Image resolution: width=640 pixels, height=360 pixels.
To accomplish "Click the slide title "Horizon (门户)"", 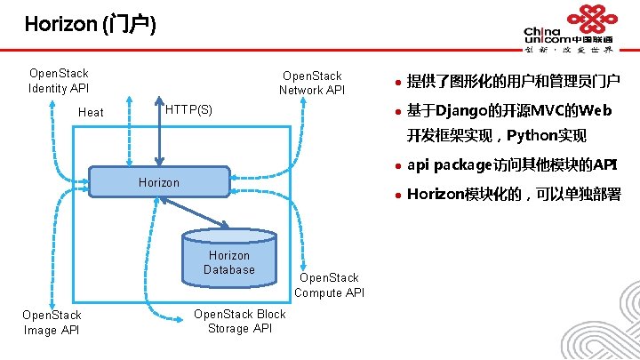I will point(90,25).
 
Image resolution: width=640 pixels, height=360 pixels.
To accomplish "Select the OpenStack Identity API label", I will point(59,80).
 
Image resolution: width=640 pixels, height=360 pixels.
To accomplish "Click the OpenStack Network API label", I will point(311,83).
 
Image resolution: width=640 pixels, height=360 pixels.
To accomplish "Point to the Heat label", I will point(91,112).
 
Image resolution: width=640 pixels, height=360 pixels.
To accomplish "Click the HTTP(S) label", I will point(188,109).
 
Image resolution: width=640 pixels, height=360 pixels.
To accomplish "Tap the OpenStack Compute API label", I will point(329,285).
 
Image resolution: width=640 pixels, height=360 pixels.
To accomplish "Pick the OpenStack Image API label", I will point(52,323).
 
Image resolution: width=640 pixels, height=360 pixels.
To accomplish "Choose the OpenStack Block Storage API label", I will point(239,321).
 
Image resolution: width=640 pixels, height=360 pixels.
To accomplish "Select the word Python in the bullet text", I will point(533,136).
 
